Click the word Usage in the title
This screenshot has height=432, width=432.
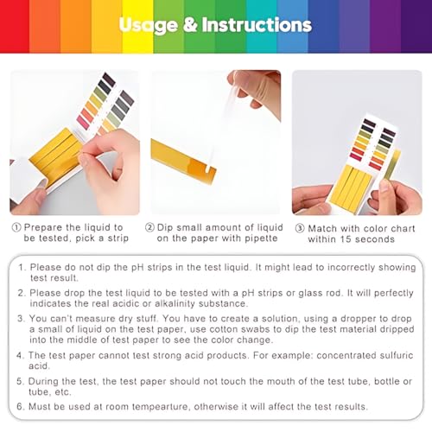[x=149, y=26]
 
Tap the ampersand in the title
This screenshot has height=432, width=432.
[x=189, y=26]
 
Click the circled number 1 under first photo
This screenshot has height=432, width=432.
[x=17, y=227]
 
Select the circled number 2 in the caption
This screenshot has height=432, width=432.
[x=149, y=227]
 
